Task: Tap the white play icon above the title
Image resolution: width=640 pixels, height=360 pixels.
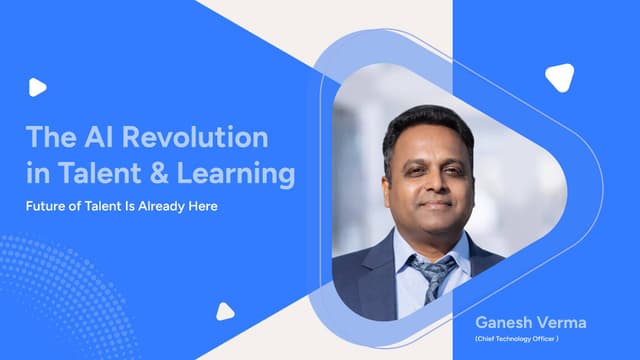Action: (37, 87)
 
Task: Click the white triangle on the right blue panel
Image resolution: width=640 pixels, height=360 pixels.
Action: (559, 77)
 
